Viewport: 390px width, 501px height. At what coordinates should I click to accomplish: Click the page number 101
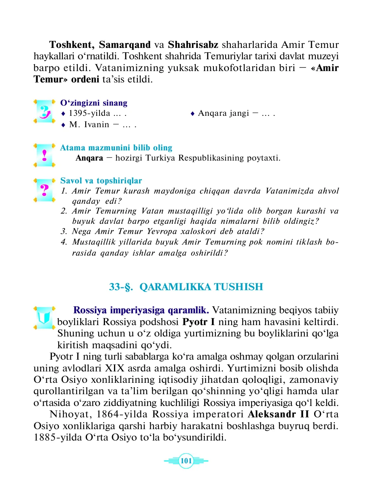(186, 461)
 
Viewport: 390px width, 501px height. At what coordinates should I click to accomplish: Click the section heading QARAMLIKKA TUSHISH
(201, 287)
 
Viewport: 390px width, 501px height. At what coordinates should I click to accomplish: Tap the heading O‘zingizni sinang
(94, 103)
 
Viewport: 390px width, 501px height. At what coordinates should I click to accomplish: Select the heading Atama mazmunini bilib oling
(116, 148)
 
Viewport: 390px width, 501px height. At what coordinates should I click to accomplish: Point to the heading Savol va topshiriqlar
(101, 181)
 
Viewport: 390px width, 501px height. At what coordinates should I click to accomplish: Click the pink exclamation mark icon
(44, 155)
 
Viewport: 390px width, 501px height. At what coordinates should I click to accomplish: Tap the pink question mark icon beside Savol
(44, 190)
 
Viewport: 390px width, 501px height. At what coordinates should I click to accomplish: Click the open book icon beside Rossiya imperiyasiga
(44, 317)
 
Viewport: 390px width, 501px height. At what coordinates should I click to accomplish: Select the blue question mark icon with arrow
(44, 112)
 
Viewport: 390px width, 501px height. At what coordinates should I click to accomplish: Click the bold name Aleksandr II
(278, 414)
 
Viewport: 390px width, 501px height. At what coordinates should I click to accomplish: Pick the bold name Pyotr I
(199, 322)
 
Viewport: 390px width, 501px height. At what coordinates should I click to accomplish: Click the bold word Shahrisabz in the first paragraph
(193, 45)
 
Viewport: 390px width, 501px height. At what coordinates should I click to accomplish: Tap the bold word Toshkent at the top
(71, 45)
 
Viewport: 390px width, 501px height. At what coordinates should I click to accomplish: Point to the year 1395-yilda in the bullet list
(89, 113)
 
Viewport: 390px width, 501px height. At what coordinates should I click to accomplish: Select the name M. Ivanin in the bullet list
(89, 125)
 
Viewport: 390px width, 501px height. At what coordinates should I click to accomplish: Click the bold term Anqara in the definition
(89, 158)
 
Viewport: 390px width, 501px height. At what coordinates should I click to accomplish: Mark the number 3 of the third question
(64, 231)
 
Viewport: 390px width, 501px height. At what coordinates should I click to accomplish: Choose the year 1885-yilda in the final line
(58, 437)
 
